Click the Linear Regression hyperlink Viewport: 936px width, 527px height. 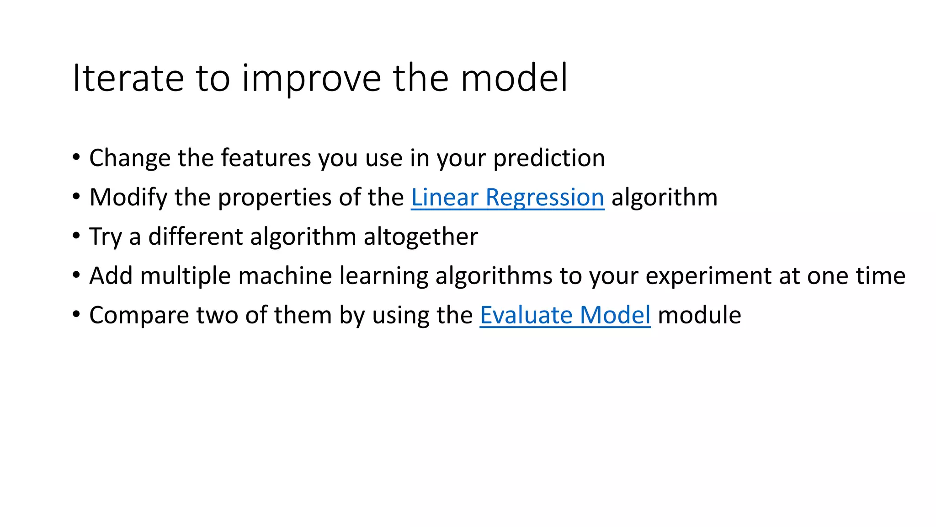(x=507, y=198)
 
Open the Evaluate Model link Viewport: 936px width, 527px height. (x=565, y=316)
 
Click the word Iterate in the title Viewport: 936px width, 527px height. (x=128, y=78)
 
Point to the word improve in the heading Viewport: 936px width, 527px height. (x=311, y=78)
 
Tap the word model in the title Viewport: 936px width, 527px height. (x=514, y=78)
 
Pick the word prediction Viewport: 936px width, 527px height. (x=549, y=158)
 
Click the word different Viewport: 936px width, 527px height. (x=196, y=237)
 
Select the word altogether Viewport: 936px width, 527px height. (x=420, y=237)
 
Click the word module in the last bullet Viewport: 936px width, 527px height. (x=699, y=316)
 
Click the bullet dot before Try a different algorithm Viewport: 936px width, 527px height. (x=76, y=237)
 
